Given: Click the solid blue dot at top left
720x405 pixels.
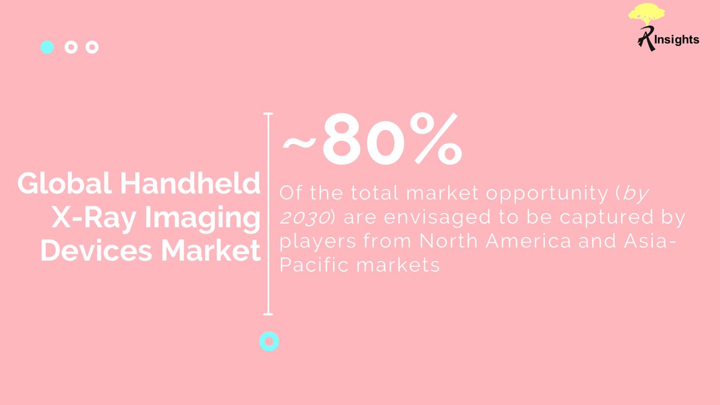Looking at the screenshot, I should tap(47, 47).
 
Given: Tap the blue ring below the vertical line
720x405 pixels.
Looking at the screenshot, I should tap(269, 341).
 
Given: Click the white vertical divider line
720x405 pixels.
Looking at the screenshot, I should tap(268, 213).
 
